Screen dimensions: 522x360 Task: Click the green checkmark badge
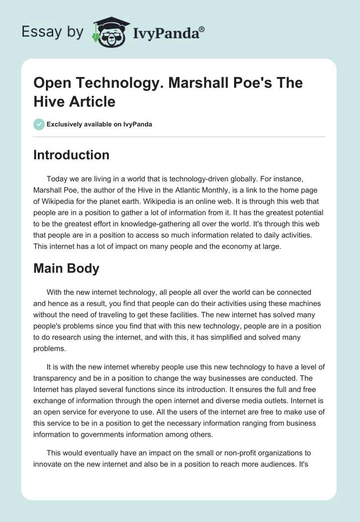39,124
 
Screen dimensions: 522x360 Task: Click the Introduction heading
71,155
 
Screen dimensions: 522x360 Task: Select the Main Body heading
66,268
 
